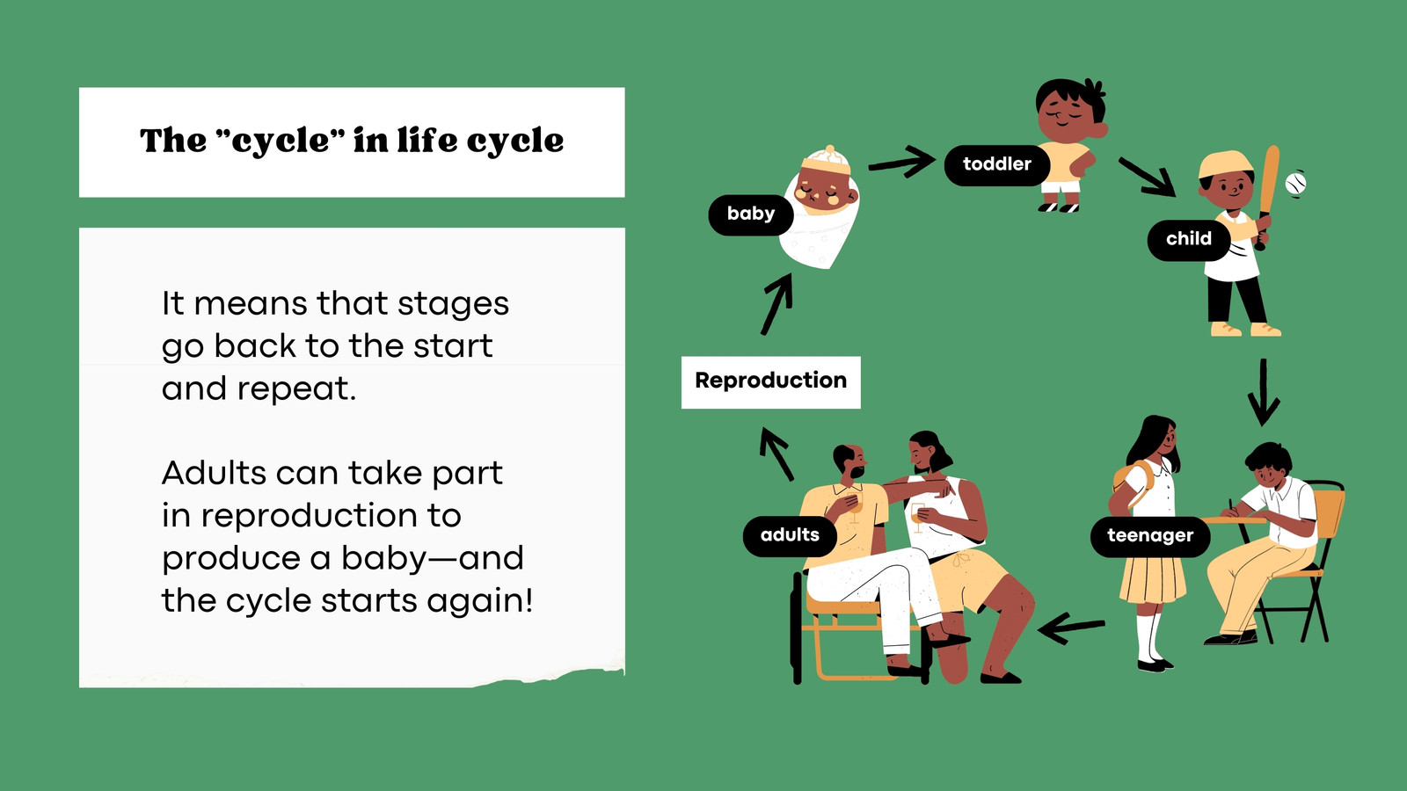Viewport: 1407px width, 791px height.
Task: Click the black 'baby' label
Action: point(751,215)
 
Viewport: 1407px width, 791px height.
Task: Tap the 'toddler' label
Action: point(997,165)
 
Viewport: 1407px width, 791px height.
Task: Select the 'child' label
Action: point(1188,240)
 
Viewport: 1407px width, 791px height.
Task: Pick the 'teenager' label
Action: point(1150,536)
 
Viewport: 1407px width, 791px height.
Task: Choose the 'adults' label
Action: point(790,536)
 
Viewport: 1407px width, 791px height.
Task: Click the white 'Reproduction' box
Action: point(770,382)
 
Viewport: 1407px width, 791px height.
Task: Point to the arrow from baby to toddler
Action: point(902,162)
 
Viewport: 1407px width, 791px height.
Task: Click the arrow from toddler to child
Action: point(1147,177)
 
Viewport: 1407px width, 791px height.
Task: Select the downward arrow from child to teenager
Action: point(1263,392)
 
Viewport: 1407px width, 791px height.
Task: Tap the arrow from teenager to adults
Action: point(1071,628)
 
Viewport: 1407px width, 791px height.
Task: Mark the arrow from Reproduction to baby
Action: point(777,304)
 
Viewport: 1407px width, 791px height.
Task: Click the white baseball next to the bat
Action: point(1295,184)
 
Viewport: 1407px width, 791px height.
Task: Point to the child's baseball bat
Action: point(1267,197)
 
